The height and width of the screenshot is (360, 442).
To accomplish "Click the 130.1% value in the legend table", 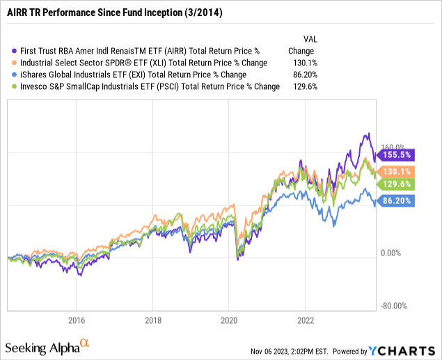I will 301,63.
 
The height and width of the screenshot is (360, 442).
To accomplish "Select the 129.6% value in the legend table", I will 301,86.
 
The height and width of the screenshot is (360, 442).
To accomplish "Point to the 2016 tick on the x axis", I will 77,320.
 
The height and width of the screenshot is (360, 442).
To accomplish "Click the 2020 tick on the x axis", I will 230,320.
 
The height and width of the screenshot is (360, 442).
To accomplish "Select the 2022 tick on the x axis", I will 306,320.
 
